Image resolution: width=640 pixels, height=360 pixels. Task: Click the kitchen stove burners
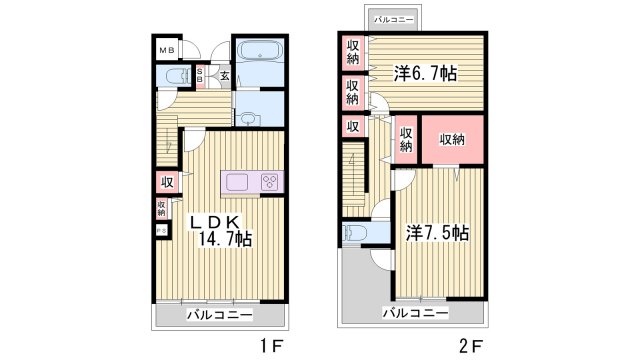tap(269, 181)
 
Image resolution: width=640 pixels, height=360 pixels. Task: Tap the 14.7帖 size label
tap(224, 239)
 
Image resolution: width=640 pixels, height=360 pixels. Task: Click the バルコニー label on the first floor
tap(219, 315)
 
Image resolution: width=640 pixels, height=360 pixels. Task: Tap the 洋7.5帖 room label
tap(438, 232)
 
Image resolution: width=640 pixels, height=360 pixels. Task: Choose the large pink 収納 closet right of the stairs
tap(452, 139)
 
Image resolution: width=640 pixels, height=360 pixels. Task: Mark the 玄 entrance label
tap(225, 74)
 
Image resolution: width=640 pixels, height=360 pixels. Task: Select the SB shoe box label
tap(200, 74)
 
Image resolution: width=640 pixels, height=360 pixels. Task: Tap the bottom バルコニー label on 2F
tap(414, 313)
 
